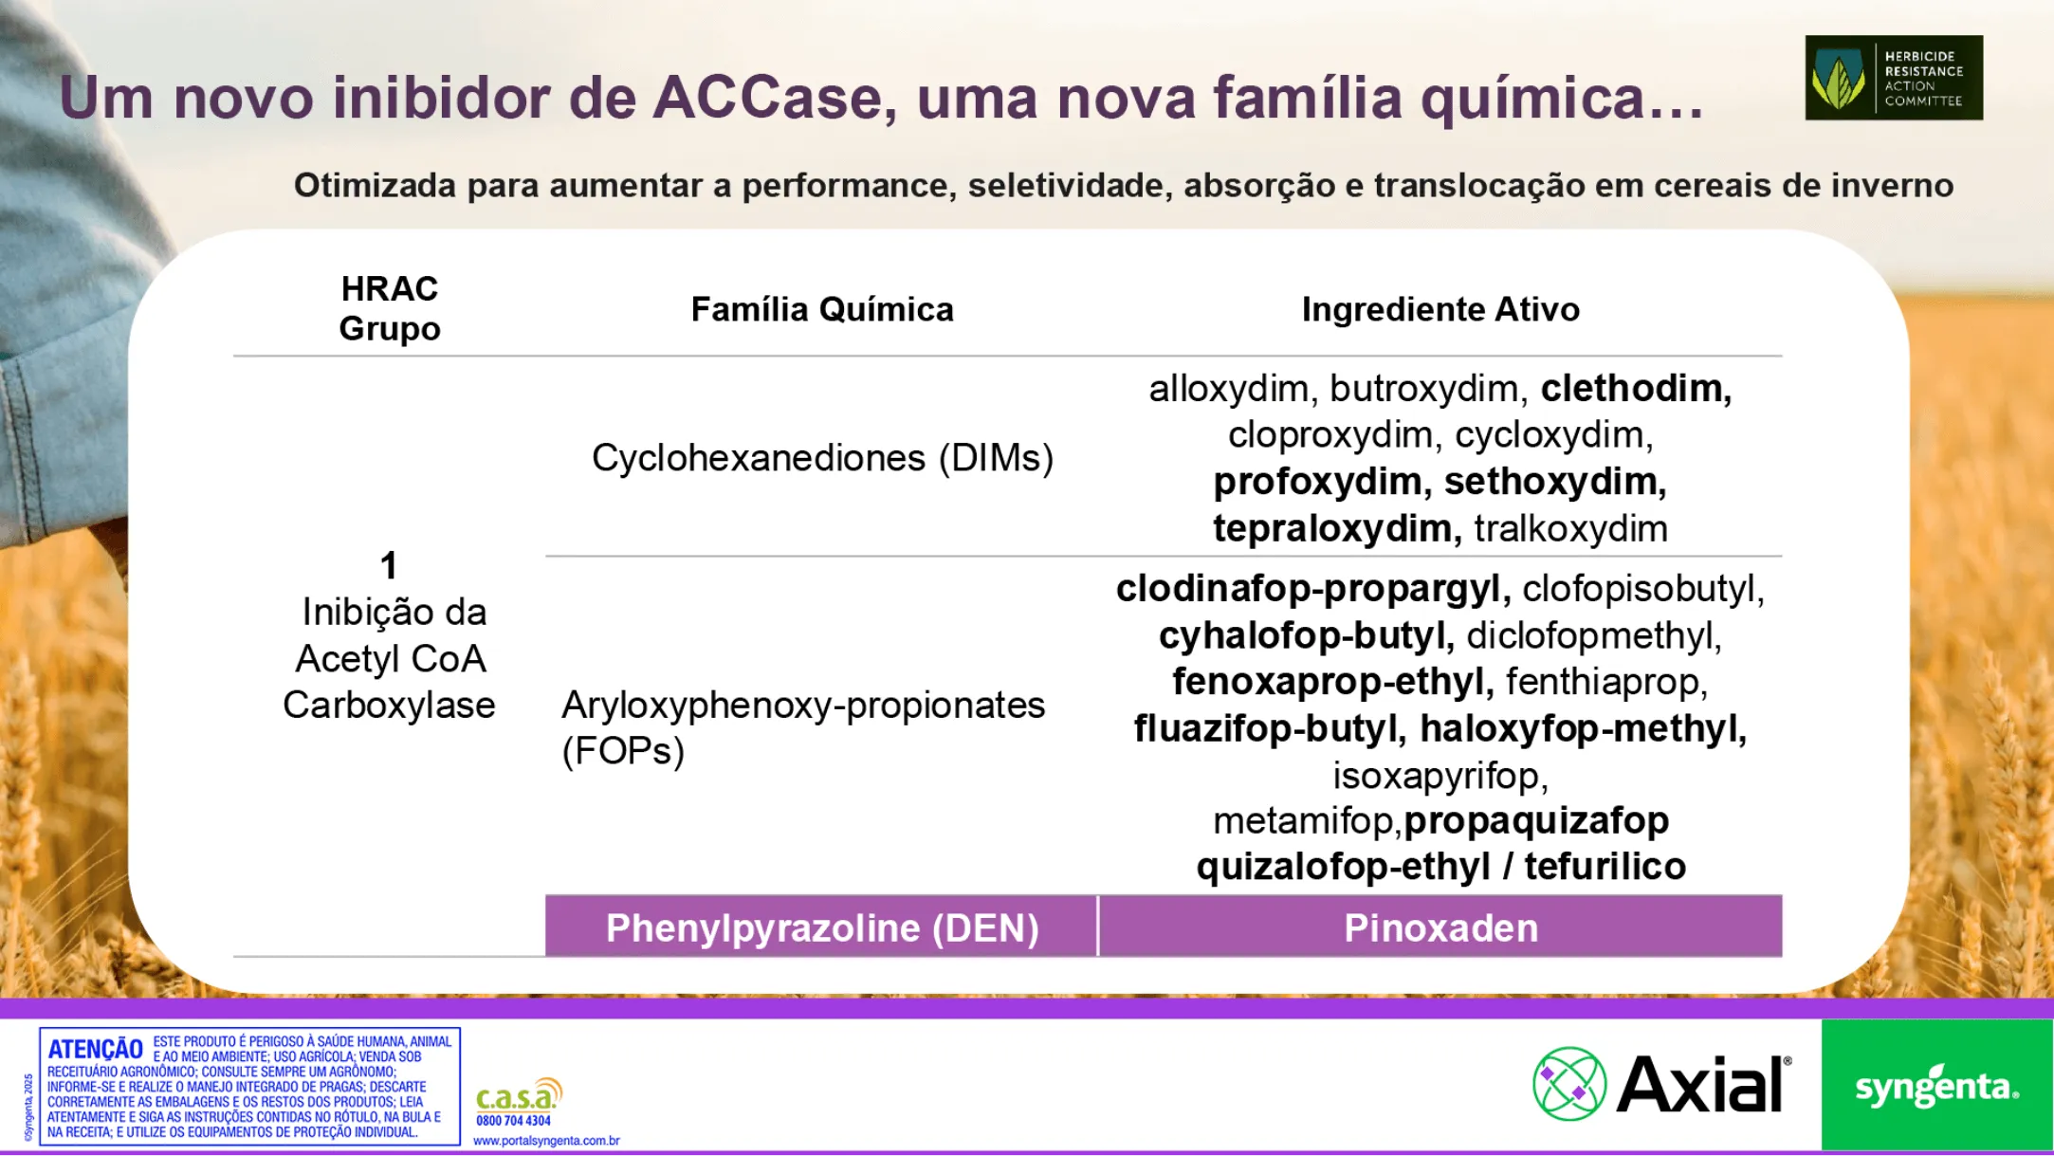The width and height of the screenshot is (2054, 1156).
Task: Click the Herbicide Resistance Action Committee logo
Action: [1893, 78]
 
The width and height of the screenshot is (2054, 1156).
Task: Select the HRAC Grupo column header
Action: [390, 308]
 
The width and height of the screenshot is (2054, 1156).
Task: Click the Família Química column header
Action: [822, 309]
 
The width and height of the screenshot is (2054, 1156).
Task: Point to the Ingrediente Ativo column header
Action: [1440, 309]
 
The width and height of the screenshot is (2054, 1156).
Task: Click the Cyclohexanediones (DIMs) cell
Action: [822, 458]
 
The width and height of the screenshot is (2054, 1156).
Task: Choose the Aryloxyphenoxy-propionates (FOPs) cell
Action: [802, 727]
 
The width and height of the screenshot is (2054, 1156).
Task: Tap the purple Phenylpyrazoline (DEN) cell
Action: [821, 927]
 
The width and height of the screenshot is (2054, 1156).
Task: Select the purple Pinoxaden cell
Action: [1440, 927]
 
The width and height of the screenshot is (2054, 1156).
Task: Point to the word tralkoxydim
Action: [1570, 528]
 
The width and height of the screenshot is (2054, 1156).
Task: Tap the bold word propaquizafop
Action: [1536, 821]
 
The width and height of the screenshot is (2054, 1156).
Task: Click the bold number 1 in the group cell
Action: [389, 566]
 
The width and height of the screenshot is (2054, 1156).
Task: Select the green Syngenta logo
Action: [1936, 1086]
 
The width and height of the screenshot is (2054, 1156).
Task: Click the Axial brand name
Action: [1703, 1085]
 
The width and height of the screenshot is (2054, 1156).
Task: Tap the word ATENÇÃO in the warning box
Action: [96, 1049]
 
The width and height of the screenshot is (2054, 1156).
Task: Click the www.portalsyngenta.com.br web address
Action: [546, 1141]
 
